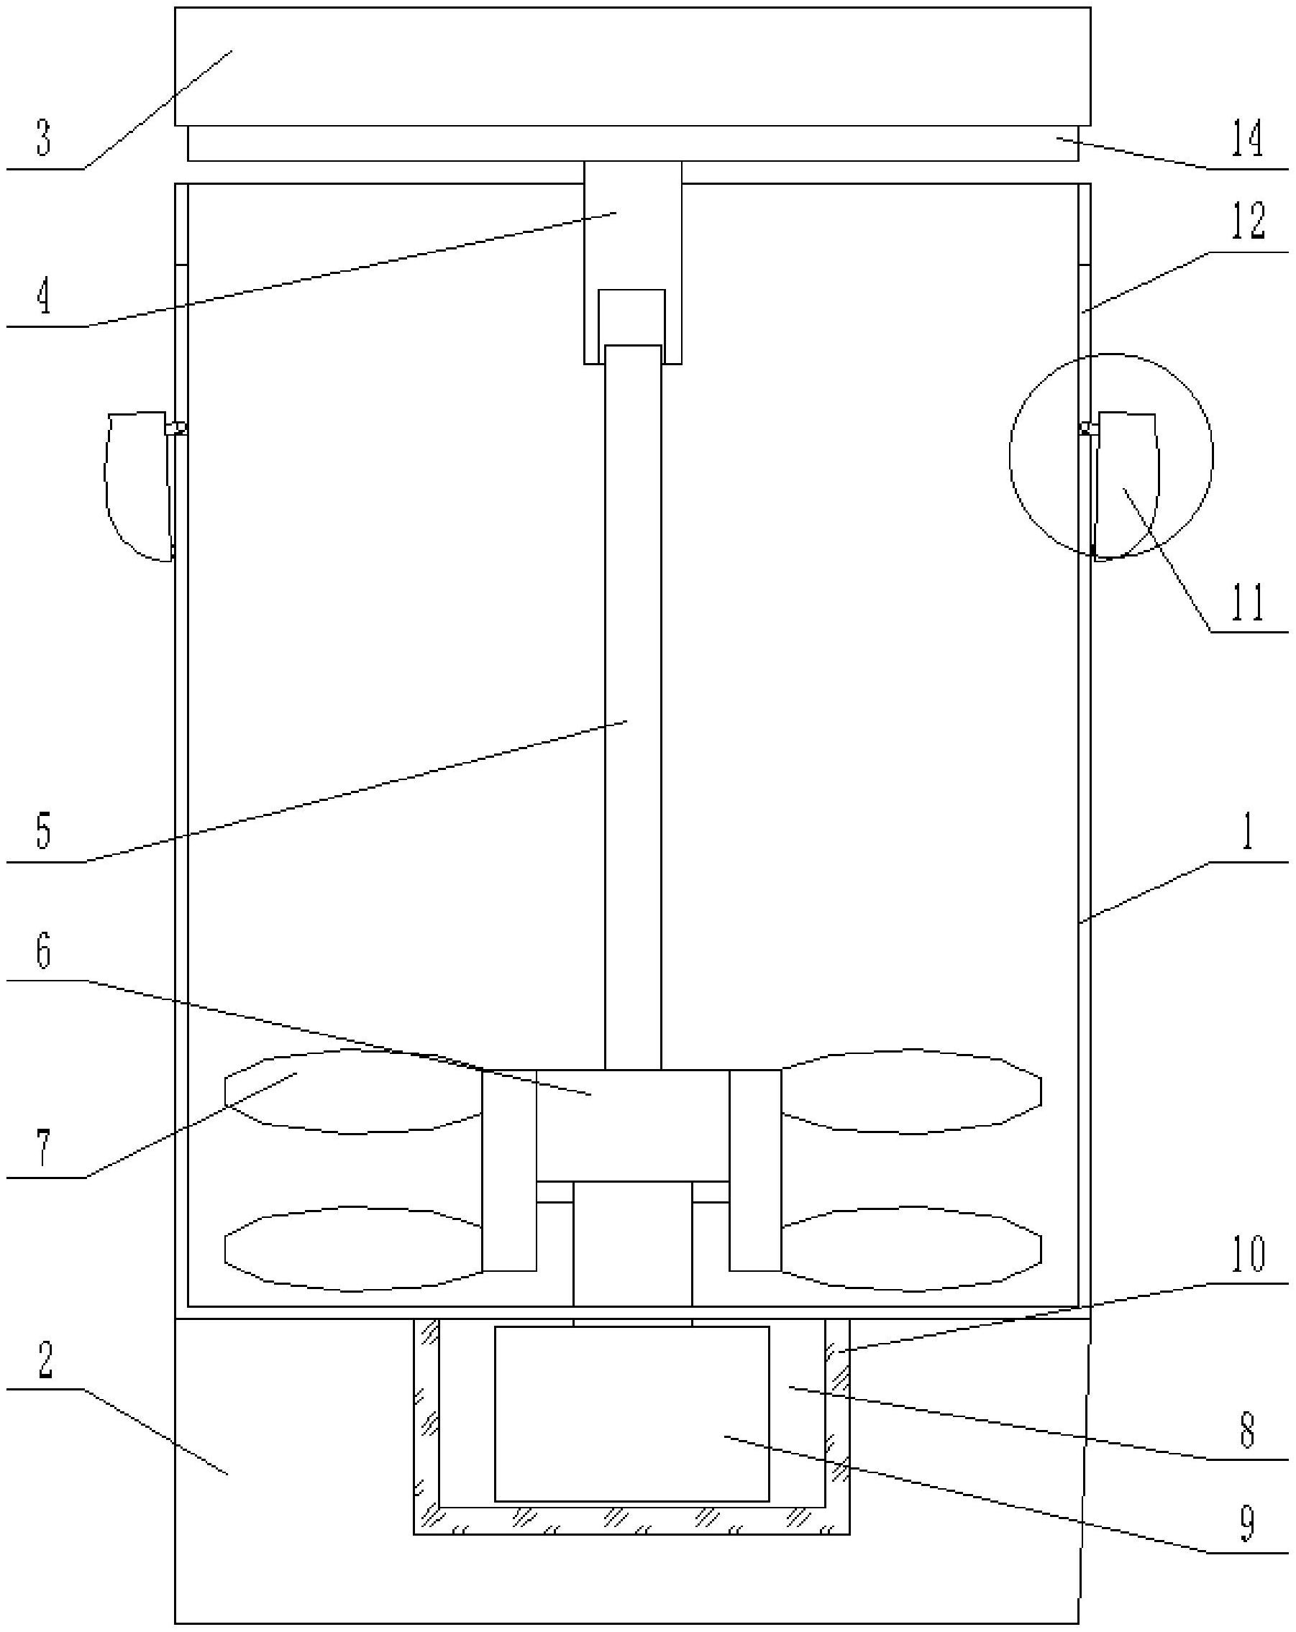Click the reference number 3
(43, 139)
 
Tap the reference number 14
(1247, 139)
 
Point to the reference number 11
(1247, 603)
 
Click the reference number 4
(43, 296)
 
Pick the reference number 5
(43, 830)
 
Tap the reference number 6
(43, 950)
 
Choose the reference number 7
(43, 1147)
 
